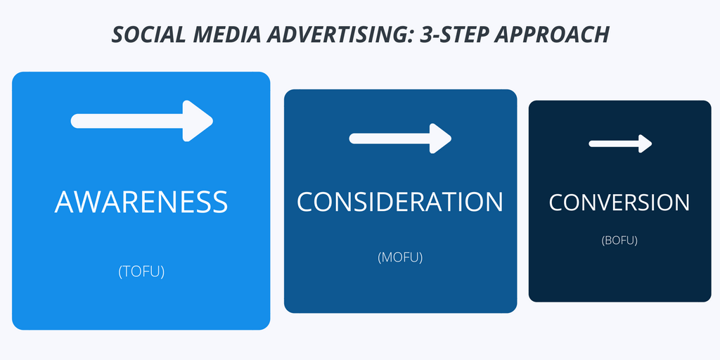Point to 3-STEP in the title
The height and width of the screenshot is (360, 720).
454,35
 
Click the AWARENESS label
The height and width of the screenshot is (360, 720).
141,202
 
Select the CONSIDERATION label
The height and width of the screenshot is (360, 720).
400,202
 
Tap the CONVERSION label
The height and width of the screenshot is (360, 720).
619,202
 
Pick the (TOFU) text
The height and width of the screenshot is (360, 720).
141,271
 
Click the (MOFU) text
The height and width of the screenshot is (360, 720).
400,257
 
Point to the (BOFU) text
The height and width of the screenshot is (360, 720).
619,240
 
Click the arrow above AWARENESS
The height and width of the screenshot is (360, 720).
142,121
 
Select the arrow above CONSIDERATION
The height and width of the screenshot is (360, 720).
400,139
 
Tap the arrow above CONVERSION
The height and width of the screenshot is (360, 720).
620,143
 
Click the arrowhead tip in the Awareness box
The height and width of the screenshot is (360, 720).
212,121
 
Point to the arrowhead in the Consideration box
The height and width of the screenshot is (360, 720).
441,139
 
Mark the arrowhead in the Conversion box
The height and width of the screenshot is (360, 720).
645,143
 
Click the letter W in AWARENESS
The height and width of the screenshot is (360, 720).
89,202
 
